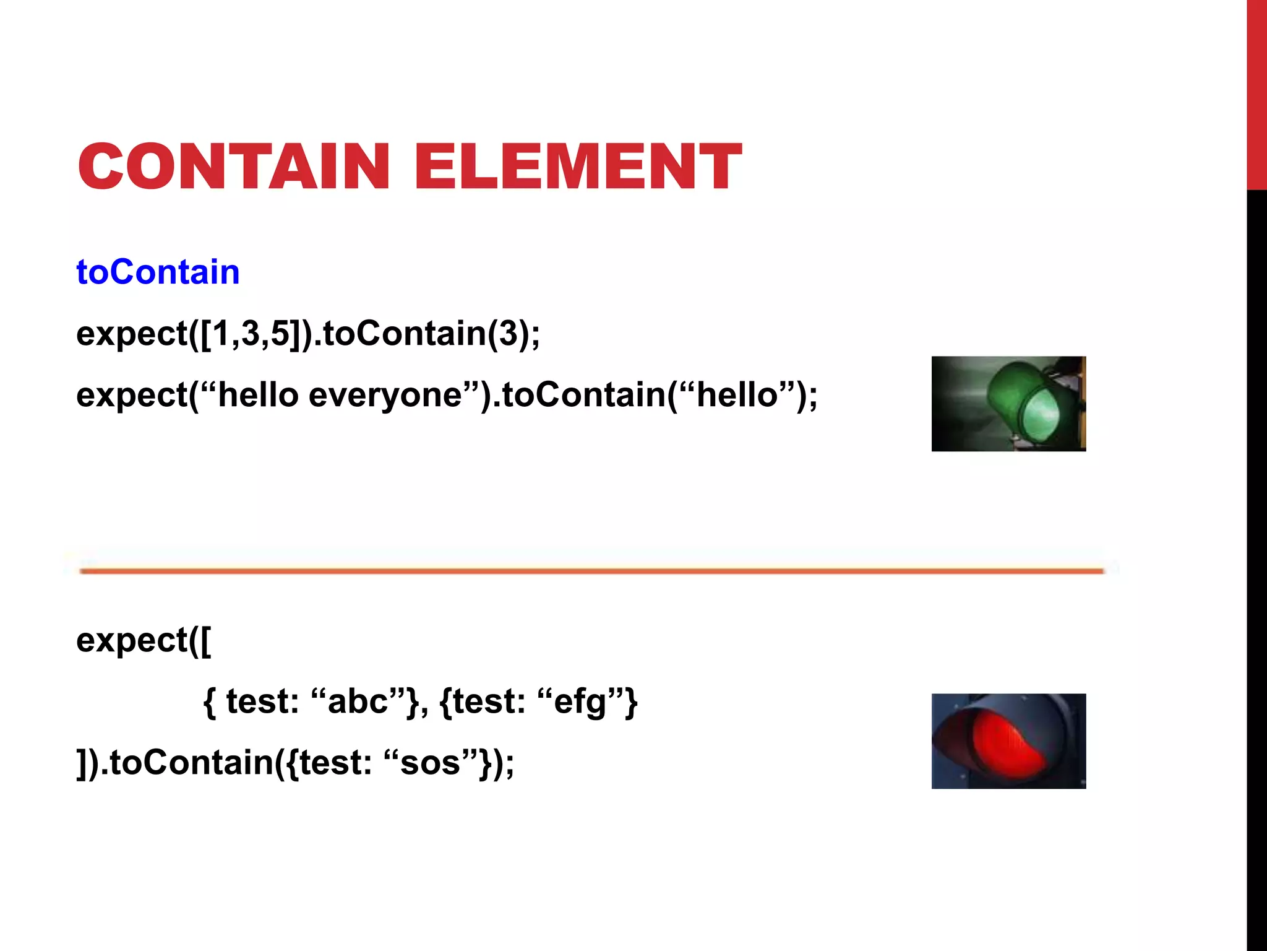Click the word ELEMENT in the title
578,166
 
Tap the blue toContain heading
158,272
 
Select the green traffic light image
1008,404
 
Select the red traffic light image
1008,741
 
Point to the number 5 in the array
280,334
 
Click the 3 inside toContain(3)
507,334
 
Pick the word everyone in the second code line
385,396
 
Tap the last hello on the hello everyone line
737,396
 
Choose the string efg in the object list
580,701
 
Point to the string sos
431,762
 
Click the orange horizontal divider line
591,571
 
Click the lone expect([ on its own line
144,640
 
